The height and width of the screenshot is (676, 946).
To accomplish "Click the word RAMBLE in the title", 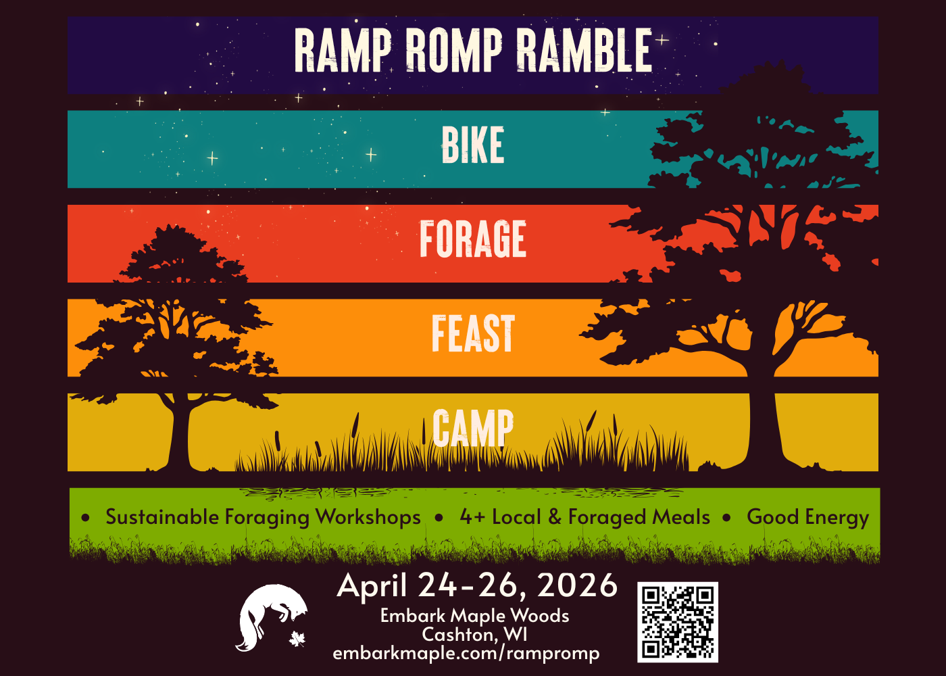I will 584,51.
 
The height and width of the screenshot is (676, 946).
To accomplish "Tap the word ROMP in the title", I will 453,51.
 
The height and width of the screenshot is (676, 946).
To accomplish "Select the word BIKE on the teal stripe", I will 472,145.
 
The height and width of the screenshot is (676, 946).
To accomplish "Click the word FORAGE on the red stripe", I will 472,239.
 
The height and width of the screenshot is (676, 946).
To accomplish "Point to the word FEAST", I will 472,334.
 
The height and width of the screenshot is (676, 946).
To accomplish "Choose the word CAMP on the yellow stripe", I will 472,428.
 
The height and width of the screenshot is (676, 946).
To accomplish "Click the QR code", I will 677,622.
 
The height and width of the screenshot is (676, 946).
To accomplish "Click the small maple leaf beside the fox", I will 297,638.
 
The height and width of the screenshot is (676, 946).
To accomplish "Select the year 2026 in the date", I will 578,585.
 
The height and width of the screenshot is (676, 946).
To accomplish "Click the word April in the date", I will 372,585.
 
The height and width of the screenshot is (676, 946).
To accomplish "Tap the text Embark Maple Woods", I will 474,616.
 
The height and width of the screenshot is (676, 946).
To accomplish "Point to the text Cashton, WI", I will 474,635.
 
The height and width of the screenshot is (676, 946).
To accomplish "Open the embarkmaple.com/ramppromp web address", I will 466,654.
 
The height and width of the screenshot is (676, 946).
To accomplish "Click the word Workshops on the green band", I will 368,517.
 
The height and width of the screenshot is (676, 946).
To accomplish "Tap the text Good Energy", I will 807,517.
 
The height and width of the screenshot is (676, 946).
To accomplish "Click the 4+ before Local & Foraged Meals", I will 472,517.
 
